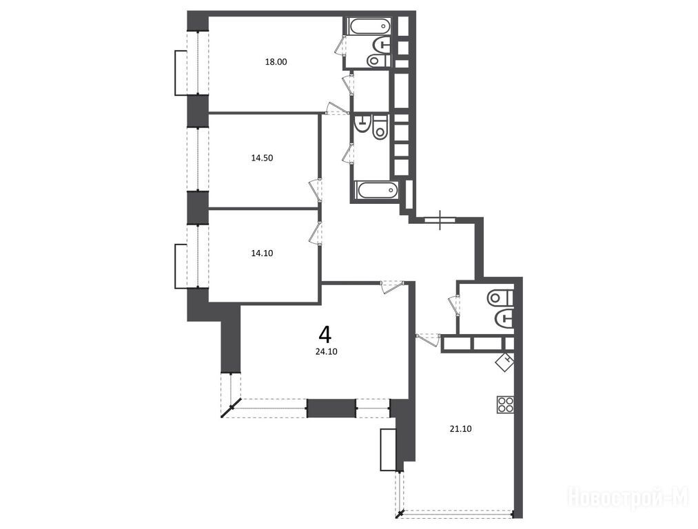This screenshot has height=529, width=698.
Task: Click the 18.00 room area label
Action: (x=276, y=62)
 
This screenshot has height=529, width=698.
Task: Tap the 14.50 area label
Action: (x=263, y=158)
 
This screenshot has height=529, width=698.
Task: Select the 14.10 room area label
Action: (x=263, y=253)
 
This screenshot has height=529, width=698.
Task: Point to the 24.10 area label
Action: (x=327, y=351)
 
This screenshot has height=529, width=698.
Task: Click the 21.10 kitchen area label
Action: (x=461, y=429)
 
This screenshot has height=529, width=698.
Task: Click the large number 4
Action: (x=325, y=334)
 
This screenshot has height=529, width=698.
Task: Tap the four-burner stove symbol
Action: (x=506, y=404)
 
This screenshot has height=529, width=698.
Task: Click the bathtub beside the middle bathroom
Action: (x=377, y=190)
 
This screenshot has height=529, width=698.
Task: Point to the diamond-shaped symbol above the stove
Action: (x=505, y=362)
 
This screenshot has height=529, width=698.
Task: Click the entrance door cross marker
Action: (x=440, y=220)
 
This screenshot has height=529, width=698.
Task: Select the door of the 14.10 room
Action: (x=315, y=233)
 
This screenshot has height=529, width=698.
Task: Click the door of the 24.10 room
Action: (x=392, y=286)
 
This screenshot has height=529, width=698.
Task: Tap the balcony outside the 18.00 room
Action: (x=181, y=72)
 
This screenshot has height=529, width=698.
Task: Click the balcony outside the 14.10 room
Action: (x=181, y=266)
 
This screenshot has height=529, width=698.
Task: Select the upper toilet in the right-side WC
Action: (x=500, y=298)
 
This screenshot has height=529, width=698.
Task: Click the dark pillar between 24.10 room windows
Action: (x=331, y=408)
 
